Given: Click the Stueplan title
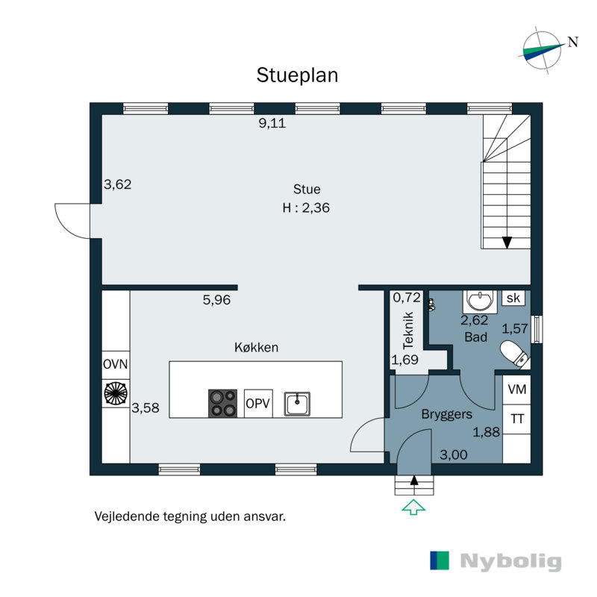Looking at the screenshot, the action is (x=297, y=75).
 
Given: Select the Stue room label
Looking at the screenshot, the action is (x=307, y=190).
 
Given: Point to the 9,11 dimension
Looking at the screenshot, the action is (x=272, y=123).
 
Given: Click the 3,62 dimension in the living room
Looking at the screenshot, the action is (x=118, y=184).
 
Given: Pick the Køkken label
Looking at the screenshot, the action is (x=256, y=347).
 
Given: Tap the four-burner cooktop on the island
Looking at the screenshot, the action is (x=222, y=403).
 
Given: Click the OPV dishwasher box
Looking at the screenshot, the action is (x=258, y=403).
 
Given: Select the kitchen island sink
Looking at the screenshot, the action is (x=297, y=404).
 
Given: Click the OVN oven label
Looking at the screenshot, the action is (x=116, y=364).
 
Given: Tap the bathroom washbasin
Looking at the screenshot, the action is (x=480, y=301).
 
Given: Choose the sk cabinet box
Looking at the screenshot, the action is (x=513, y=298).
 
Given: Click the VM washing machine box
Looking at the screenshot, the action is (x=516, y=390).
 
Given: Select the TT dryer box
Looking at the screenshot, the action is (x=516, y=419).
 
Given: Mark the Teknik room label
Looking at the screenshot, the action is (x=408, y=331).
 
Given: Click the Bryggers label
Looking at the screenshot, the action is (x=446, y=414).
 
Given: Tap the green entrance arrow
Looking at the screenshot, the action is (x=413, y=507).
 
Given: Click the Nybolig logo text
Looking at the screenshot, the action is (x=510, y=562).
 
